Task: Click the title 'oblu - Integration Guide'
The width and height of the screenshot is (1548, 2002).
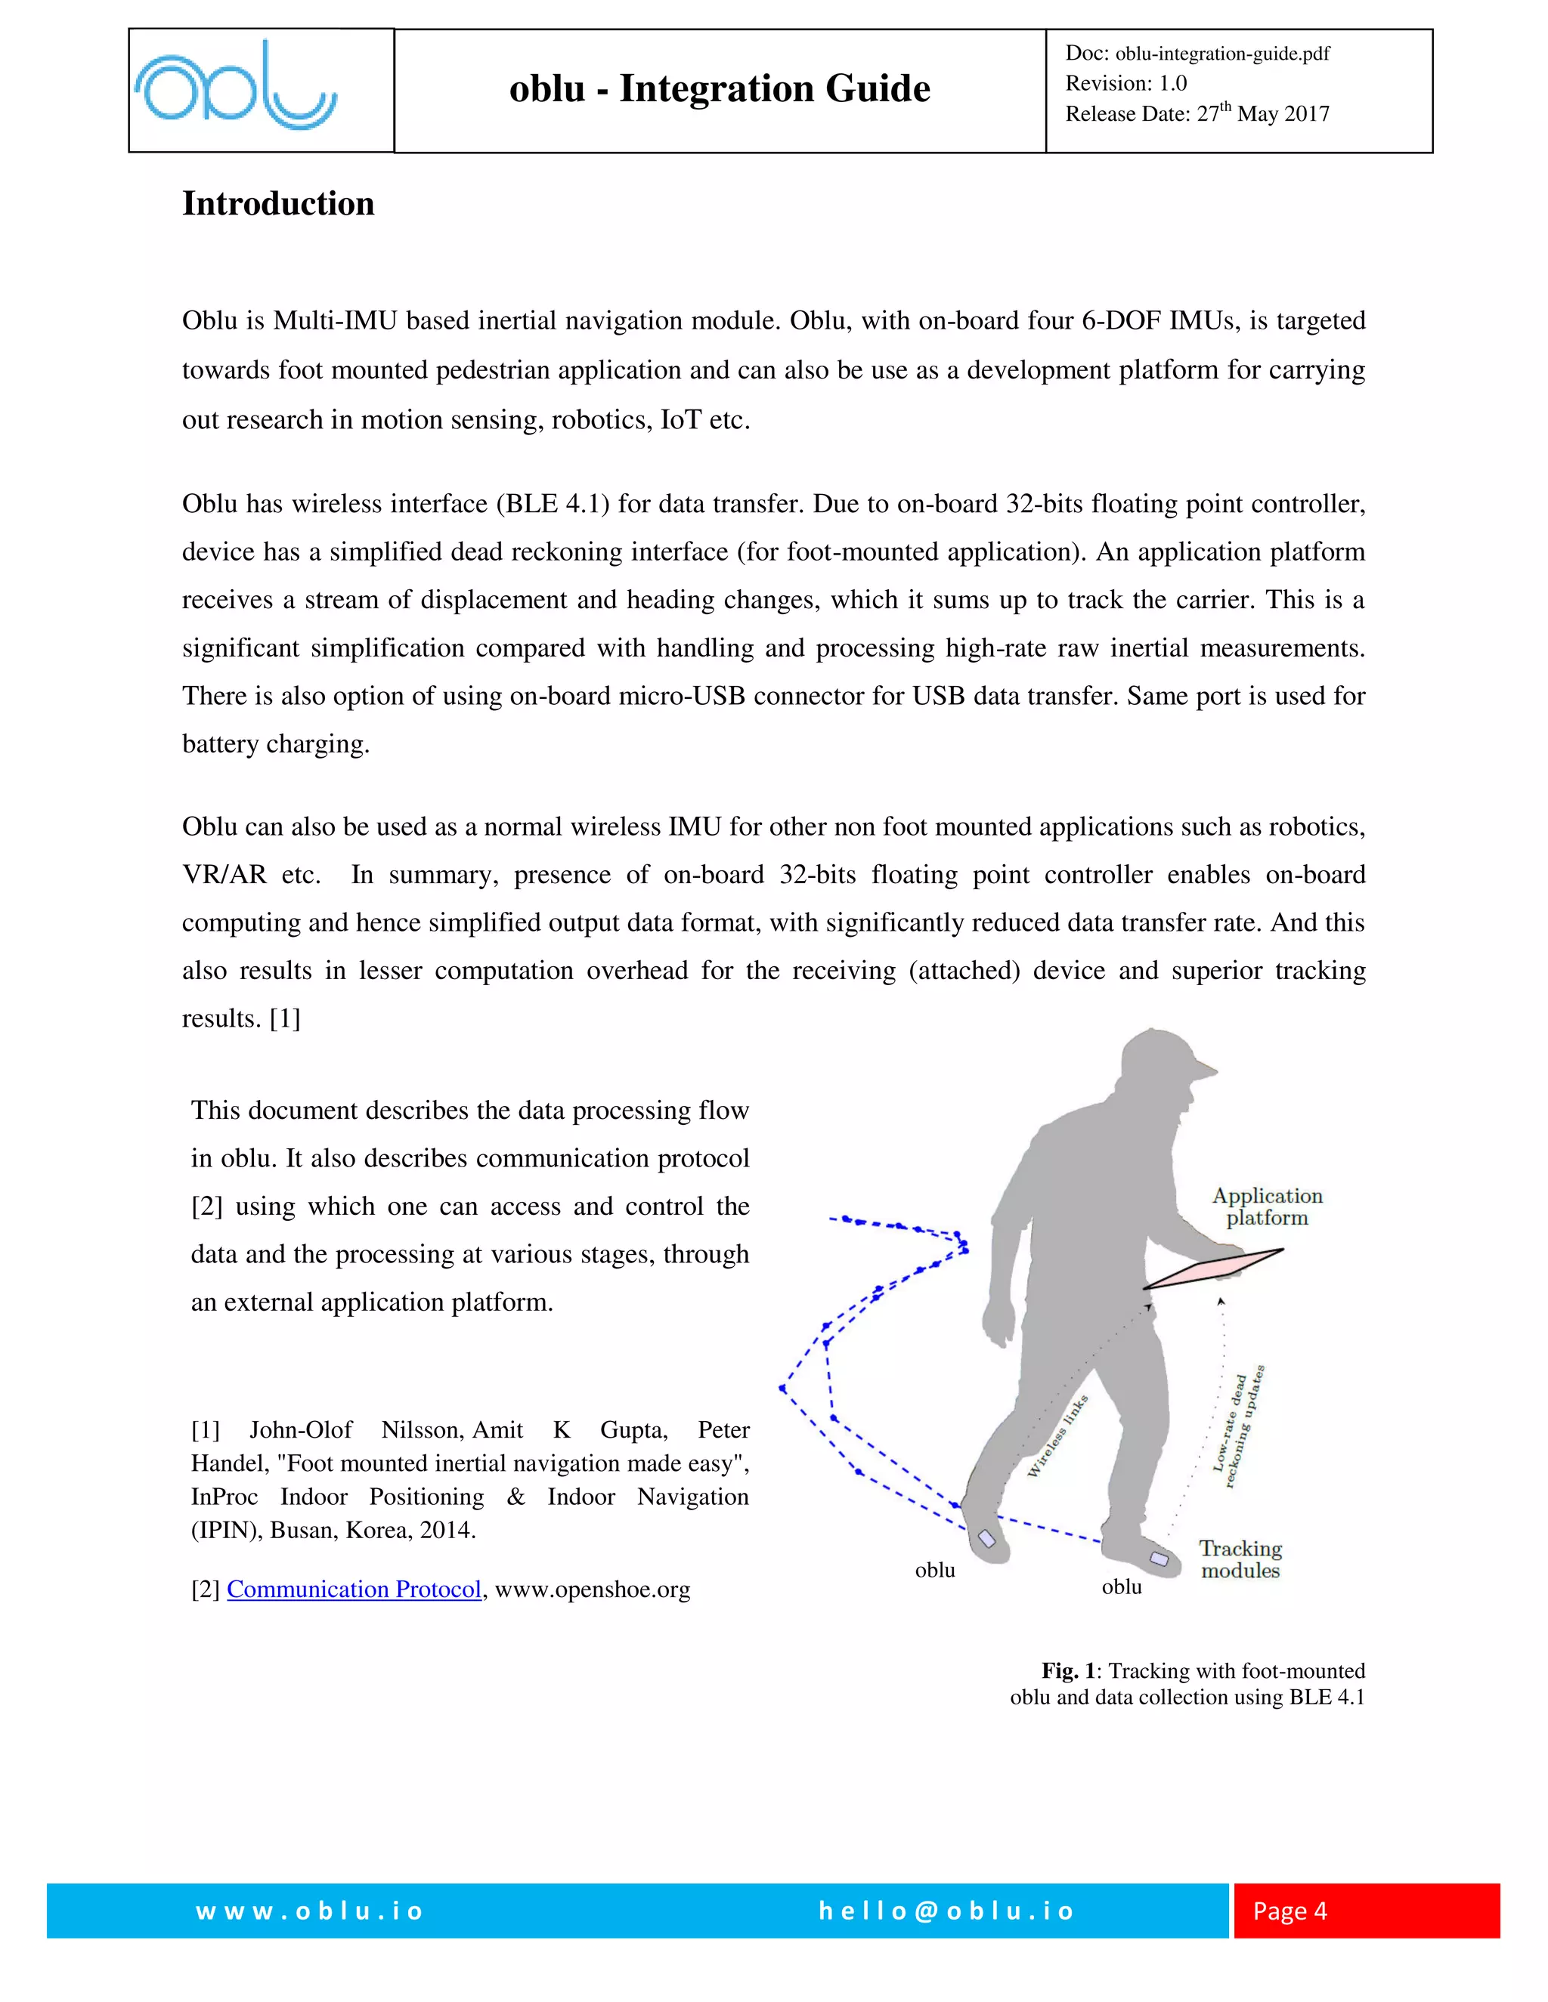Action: click(719, 89)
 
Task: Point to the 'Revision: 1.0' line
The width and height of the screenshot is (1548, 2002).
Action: click(1125, 83)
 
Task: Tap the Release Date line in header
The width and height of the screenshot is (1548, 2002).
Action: click(1197, 113)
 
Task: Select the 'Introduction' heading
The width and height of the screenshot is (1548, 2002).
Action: click(278, 203)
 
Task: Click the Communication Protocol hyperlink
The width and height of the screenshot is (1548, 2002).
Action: click(354, 1589)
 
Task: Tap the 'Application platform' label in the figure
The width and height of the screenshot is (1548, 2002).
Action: click(1267, 1206)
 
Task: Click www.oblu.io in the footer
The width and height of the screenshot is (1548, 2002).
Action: click(309, 1911)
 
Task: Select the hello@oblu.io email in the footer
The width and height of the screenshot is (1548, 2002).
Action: click(946, 1911)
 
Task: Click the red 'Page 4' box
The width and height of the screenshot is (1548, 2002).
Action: click(1366, 1911)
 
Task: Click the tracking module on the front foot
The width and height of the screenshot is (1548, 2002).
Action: click(1159, 1558)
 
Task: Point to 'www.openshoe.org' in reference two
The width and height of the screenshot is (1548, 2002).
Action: click(593, 1589)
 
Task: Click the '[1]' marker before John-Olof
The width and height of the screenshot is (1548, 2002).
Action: click(206, 1430)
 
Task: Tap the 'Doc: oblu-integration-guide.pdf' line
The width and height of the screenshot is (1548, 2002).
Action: click(1197, 53)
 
